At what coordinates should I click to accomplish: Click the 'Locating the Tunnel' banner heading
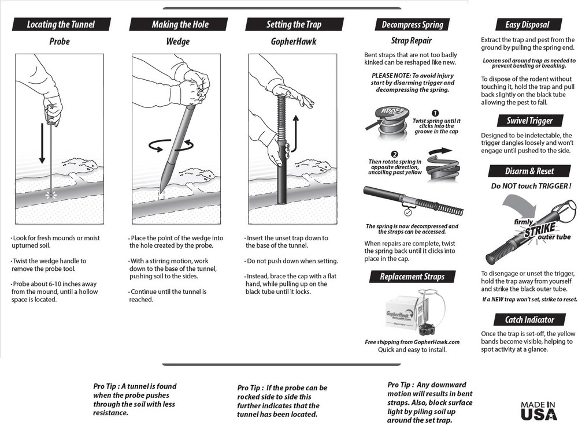tap(61, 24)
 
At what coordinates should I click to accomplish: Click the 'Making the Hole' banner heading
tap(180, 24)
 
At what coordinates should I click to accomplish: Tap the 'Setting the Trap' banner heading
tap(294, 24)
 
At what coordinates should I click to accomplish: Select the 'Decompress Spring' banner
tap(412, 24)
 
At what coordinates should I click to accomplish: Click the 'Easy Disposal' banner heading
tap(527, 24)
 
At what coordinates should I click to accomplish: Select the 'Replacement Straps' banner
tap(412, 277)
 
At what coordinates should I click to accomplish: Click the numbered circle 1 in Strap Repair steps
tap(435, 113)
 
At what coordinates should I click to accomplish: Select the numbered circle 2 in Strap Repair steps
tap(379, 155)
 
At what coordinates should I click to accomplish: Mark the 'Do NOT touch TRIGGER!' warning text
tap(531, 186)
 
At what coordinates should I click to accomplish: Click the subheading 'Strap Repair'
tap(411, 41)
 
